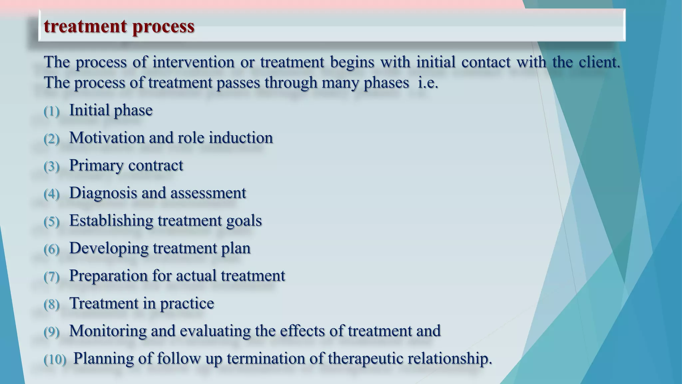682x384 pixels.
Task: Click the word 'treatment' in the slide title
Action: tap(86, 26)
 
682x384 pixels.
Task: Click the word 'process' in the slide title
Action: tap(163, 26)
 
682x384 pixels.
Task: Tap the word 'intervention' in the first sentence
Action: tap(193, 62)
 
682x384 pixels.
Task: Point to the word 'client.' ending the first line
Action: tap(599, 62)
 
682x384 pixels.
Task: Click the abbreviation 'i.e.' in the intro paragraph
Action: tap(428, 83)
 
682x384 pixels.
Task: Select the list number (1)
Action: tap(51, 111)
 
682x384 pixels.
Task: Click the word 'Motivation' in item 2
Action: tap(107, 138)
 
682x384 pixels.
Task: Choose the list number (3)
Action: tap(51, 166)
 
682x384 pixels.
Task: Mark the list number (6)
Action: tap(51, 249)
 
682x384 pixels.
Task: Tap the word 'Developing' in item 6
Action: tap(109, 249)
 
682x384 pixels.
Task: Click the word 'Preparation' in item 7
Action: tap(108, 276)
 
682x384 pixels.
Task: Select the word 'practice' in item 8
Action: tap(187, 303)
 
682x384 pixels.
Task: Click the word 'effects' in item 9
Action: tap(302, 331)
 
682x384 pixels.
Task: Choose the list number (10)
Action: tap(55, 359)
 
